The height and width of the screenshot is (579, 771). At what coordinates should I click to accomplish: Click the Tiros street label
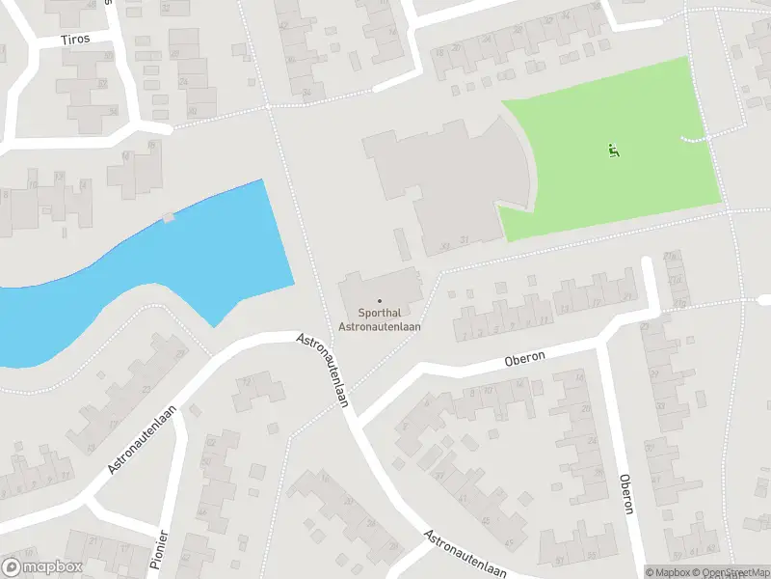pyautogui.click(x=74, y=41)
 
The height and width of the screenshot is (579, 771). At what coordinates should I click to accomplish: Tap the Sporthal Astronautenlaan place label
pyautogui.click(x=379, y=319)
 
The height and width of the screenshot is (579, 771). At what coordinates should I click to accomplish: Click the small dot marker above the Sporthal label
pyautogui.click(x=379, y=301)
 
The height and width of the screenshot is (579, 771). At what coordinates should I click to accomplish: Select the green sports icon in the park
pyautogui.click(x=613, y=150)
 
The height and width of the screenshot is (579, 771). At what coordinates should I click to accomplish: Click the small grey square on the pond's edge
pyautogui.click(x=170, y=216)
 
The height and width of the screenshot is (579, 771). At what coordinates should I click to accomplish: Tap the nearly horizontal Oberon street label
pyautogui.click(x=525, y=358)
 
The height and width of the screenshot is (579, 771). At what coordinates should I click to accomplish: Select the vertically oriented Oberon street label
pyautogui.click(x=627, y=494)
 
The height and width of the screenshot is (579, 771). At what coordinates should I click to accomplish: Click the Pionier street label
pyautogui.click(x=162, y=549)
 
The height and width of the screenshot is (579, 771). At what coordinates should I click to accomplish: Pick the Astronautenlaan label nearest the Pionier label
pyautogui.click(x=146, y=439)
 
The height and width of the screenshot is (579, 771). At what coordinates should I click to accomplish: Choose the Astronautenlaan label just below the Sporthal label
pyautogui.click(x=324, y=371)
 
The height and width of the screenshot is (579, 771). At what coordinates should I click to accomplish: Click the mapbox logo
pyautogui.click(x=42, y=567)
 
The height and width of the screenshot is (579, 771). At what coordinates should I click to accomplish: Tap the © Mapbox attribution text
pyautogui.click(x=666, y=572)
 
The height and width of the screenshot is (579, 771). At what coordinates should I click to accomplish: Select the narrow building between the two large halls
pyautogui.click(x=401, y=243)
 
